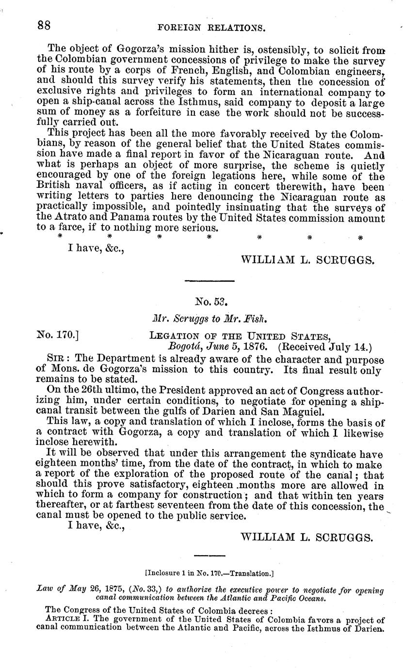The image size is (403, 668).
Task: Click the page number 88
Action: pos(47,26)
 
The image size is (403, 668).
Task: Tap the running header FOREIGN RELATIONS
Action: pos(211,28)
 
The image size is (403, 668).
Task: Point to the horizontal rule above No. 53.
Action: pos(210,281)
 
